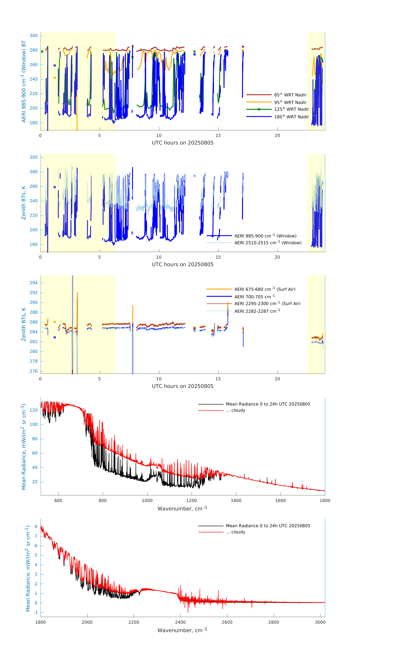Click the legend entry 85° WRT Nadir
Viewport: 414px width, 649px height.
click(290, 95)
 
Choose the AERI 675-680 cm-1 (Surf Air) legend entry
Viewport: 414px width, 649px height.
click(265, 289)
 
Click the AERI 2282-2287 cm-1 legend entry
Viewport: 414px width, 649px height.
click(257, 311)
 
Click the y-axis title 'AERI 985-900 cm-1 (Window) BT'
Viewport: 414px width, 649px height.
click(24, 81)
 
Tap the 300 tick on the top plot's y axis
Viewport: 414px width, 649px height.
click(33, 36)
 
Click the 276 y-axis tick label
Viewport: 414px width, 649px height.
click(33, 371)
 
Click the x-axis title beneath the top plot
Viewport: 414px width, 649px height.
click(183, 143)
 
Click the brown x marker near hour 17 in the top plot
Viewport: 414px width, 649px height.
click(243, 47)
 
